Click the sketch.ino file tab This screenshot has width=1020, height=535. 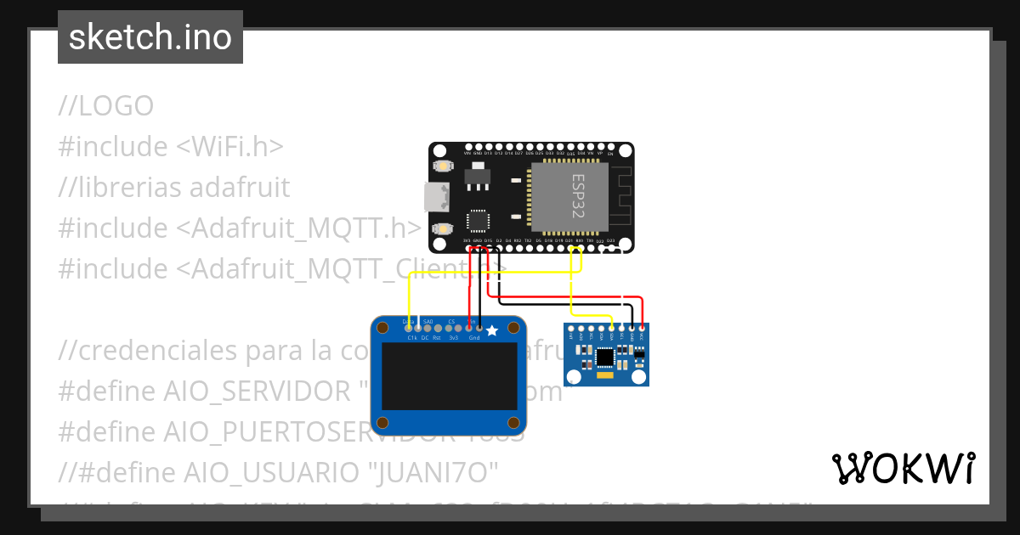pyautogui.click(x=150, y=37)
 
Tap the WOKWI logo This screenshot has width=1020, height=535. pyautogui.click(x=903, y=468)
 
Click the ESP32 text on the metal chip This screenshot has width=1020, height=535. pyautogui.click(x=577, y=198)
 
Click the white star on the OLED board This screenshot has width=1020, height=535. pyautogui.click(x=492, y=330)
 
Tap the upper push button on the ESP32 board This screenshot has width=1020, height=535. pyautogui.click(x=443, y=167)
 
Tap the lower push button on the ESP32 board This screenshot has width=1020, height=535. pyautogui.click(x=443, y=228)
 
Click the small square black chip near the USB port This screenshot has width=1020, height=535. pyautogui.click(x=477, y=222)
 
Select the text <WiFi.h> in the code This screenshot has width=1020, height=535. pyautogui.click(x=229, y=147)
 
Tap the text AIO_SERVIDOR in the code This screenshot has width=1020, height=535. pyautogui.click(x=255, y=391)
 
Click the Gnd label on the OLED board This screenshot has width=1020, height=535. pyautogui.click(x=474, y=338)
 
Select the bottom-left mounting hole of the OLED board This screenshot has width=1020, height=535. pyautogui.click(x=383, y=422)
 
